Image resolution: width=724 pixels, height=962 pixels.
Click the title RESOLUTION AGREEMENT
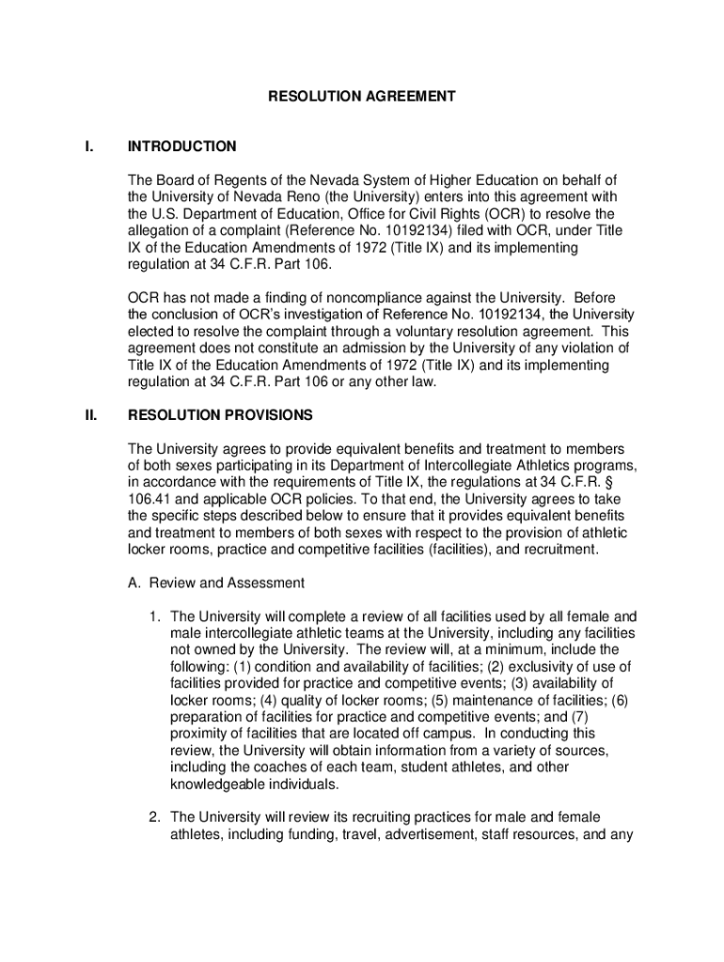point(362,96)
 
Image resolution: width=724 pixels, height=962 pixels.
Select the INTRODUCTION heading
point(182,147)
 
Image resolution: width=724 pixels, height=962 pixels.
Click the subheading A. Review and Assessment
point(216,582)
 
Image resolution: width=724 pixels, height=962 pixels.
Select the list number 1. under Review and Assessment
point(154,617)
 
